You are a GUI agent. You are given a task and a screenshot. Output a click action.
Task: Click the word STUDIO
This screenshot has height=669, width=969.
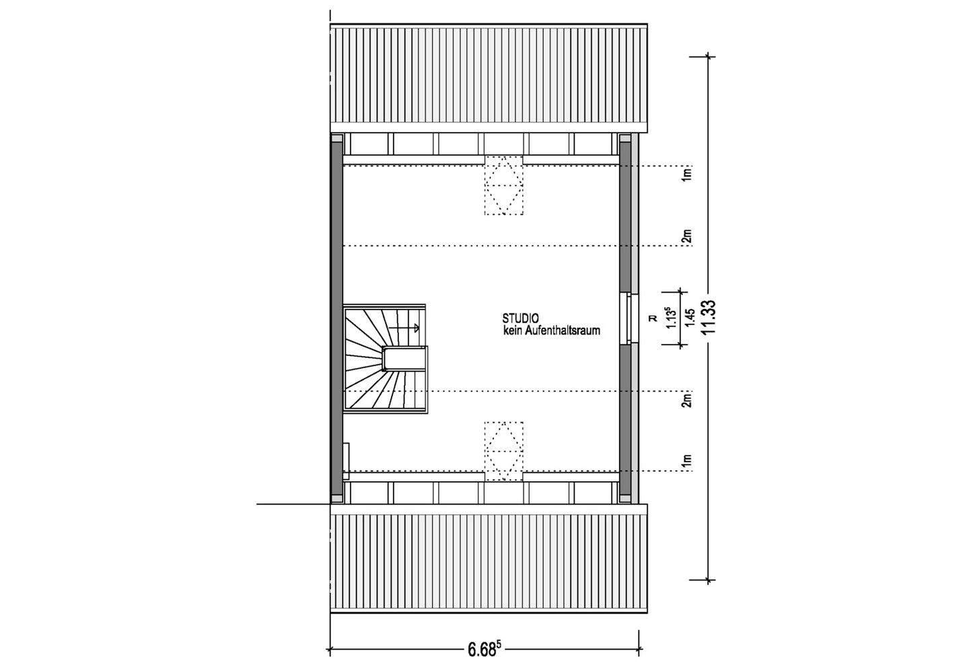[520, 318]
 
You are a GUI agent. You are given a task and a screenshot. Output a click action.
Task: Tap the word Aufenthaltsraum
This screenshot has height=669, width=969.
[563, 331]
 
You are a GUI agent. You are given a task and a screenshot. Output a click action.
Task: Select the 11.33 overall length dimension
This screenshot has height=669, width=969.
[710, 318]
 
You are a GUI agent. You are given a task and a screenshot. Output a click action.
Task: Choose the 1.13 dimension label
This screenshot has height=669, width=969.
[671, 318]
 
